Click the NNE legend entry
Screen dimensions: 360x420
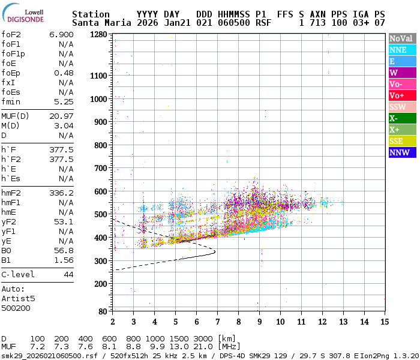(x=401, y=50)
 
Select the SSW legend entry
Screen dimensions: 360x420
(x=401, y=107)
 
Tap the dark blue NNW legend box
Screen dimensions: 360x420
(x=401, y=152)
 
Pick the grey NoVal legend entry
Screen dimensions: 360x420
(x=401, y=38)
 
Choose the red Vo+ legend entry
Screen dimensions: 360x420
(x=401, y=95)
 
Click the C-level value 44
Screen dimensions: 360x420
(x=68, y=274)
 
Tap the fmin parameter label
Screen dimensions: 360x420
(x=11, y=101)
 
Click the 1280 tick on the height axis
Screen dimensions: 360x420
(x=99, y=35)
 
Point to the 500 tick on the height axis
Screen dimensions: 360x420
(x=101, y=214)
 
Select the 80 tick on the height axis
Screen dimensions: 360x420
(x=103, y=311)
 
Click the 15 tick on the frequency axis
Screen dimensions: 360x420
(x=384, y=322)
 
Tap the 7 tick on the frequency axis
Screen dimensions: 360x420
(x=217, y=322)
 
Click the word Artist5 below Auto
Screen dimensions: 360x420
(x=18, y=298)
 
